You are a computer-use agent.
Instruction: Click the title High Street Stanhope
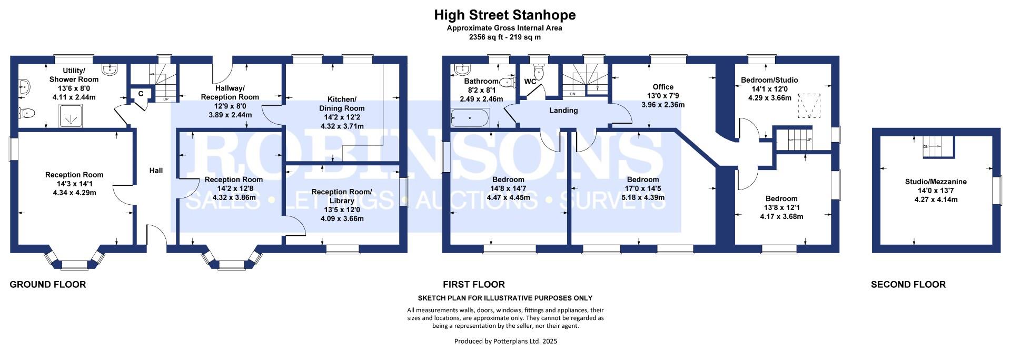click(x=505, y=15)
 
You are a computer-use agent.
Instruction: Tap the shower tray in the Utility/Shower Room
click(x=70, y=115)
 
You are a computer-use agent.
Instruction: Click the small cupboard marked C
click(x=141, y=94)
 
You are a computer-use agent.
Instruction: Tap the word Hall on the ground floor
click(x=156, y=171)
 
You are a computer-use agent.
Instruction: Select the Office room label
click(x=663, y=87)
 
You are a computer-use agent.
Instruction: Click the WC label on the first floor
click(x=530, y=82)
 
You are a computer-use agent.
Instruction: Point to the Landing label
click(x=563, y=111)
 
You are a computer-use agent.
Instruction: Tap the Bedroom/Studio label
click(x=769, y=80)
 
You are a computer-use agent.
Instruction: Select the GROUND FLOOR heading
click(x=48, y=285)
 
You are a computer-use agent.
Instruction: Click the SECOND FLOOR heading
click(x=908, y=285)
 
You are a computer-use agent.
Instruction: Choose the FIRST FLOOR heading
click(x=474, y=285)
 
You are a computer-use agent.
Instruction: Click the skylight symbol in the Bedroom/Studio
click(x=809, y=107)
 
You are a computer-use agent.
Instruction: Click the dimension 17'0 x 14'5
click(x=642, y=188)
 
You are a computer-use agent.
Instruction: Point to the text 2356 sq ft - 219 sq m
click(x=505, y=37)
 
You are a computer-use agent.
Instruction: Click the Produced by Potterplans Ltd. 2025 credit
click(x=506, y=341)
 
